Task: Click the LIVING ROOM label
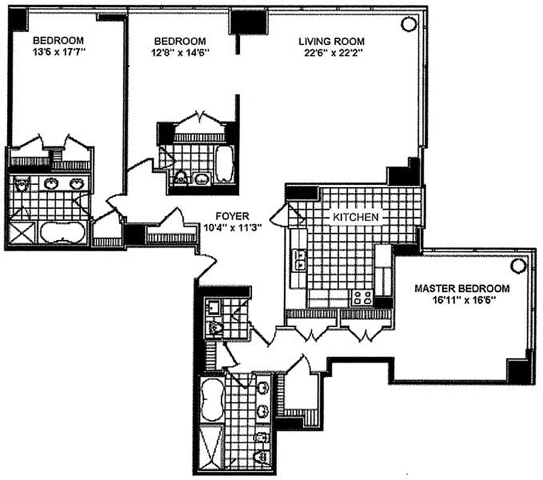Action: tap(331, 41)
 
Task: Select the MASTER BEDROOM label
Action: tap(462, 289)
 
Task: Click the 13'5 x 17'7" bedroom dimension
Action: tap(59, 52)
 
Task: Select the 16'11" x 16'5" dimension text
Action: tap(462, 299)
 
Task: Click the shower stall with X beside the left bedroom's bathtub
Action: tap(22, 233)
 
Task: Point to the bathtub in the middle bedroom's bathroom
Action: tap(224, 164)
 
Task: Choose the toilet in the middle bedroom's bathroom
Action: tap(181, 178)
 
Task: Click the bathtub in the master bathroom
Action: tap(212, 399)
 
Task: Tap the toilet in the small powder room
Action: tap(213, 328)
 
